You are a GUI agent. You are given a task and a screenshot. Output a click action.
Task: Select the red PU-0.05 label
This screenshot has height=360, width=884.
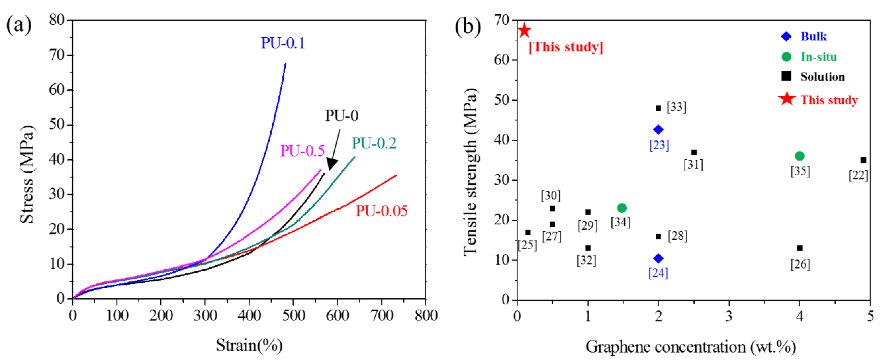point(381,211)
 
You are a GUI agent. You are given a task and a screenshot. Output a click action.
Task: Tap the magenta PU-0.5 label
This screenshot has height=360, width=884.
point(302,151)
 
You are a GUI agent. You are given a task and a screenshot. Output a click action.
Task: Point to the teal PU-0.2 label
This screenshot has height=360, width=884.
point(374,143)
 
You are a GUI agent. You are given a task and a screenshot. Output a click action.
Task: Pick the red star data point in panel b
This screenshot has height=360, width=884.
point(524,31)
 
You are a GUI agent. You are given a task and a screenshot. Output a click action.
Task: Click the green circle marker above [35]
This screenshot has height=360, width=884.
point(799,156)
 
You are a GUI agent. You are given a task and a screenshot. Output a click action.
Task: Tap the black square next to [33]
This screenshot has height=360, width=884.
point(658,108)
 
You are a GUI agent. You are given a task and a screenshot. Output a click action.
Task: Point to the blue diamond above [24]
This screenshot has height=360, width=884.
point(658,258)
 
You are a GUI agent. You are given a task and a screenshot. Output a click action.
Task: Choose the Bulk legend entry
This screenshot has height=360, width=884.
point(813,36)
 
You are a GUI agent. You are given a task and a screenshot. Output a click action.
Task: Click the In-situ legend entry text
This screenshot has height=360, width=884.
point(819,57)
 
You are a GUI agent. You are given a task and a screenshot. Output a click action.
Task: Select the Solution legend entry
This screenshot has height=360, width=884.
point(822,77)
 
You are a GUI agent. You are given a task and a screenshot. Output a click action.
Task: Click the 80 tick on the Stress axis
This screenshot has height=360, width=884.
point(57,20)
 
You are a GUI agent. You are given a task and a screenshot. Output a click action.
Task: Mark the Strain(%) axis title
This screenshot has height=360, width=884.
point(249,345)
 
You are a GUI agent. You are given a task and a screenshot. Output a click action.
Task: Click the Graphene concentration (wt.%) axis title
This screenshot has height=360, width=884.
point(690,347)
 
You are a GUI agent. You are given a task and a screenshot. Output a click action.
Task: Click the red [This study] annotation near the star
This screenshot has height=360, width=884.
point(566,47)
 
